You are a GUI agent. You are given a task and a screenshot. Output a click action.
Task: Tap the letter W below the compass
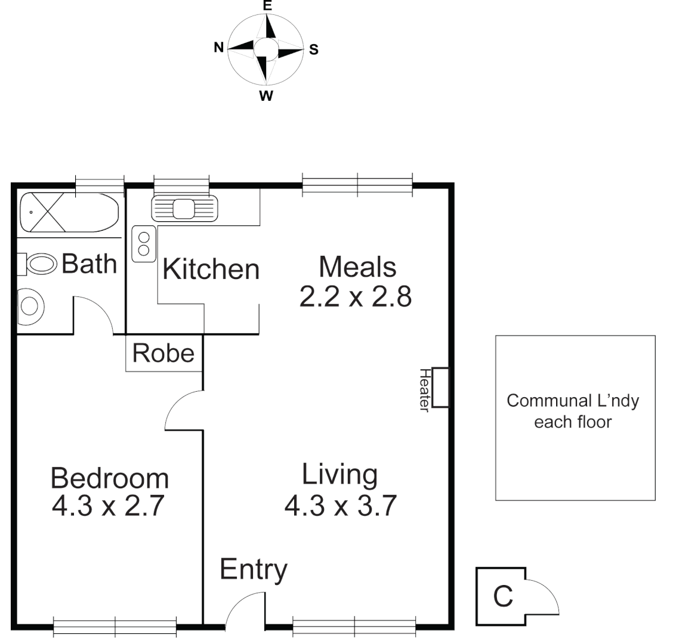click(x=267, y=97)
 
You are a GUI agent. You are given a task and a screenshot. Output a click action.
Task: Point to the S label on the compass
click(x=314, y=50)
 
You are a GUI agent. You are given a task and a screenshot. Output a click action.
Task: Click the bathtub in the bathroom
click(x=69, y=212)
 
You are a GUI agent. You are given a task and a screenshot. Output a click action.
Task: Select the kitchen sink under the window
click(x=184, y=209)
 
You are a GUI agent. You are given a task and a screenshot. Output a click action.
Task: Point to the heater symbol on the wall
click(x=440, y=388)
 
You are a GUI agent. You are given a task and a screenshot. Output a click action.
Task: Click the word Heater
click(x=425, y=389)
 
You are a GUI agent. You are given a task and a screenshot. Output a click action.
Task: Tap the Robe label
click(x=163, y=353)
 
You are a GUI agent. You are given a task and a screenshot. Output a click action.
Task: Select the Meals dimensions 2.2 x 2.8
click(x=355, y=296)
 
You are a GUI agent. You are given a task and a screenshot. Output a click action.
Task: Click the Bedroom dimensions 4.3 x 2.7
click(x=108, y=506)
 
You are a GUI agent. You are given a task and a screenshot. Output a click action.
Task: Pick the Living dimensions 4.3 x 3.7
click(x=340, y=506)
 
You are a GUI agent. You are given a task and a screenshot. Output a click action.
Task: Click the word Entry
click(x=254, y=569)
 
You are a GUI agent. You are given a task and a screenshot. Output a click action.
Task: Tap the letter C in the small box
click(x=503, y=596)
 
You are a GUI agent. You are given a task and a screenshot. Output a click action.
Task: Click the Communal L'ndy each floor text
click(x=573, y=411)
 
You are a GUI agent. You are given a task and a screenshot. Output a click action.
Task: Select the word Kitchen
click(x=211, y=270)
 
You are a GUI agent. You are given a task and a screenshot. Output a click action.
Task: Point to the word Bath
click(x=89, y=263)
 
